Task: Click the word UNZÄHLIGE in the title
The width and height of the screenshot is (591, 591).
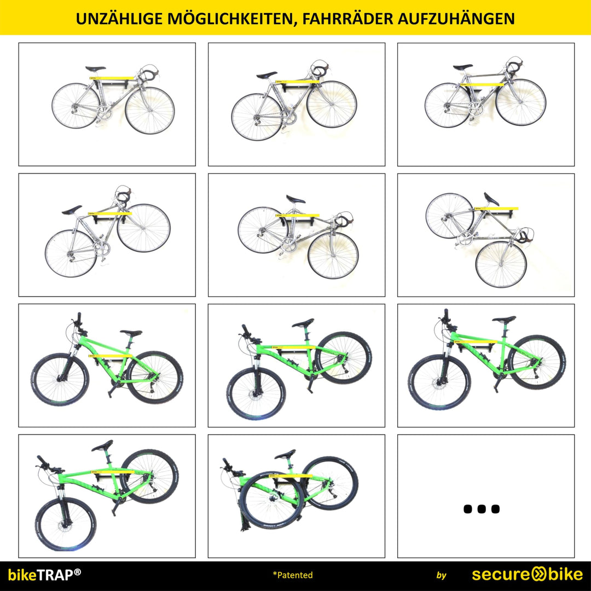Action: pyautogui.click(x=119, y=19)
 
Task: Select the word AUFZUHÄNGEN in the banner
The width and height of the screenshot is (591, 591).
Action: pyautogui.click(x=456, y=19)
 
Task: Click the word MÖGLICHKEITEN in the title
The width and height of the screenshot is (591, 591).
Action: pyautogui.click(x=230, y=19)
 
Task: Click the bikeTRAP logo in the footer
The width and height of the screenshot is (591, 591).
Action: pyautogui.click(x=44, y=575)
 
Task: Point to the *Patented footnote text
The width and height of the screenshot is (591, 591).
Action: pyautogui.click(x=292, y=575)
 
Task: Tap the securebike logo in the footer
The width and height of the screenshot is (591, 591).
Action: pyautogui.click(x=528, y=575)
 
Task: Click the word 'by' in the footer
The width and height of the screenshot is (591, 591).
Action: pyautogui.click(x=442, y=575)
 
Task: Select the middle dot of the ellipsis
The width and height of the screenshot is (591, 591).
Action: pyautogui.click(x=482, y=509)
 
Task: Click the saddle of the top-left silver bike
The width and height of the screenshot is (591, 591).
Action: pyautogui.click(x=95, y=68)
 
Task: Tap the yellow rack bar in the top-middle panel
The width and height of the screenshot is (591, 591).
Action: pyautogui.click(x=298, y=82)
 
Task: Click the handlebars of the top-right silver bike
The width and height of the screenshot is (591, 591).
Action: pyautogui.click(x=514, y=66)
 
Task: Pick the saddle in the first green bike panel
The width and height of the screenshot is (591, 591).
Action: pyautogui.click(x=131, y=333)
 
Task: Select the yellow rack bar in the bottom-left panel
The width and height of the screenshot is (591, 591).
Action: pyautogui.click(x=112, y=471)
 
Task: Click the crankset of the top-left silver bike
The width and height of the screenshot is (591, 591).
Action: pyautogui.click(x=103, y=112)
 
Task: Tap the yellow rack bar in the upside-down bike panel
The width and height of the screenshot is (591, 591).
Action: pyautogui.click(x=496, y=208)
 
